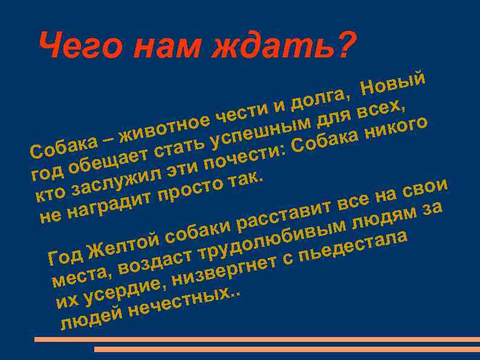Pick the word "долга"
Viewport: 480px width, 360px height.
click(x=320, y=97)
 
